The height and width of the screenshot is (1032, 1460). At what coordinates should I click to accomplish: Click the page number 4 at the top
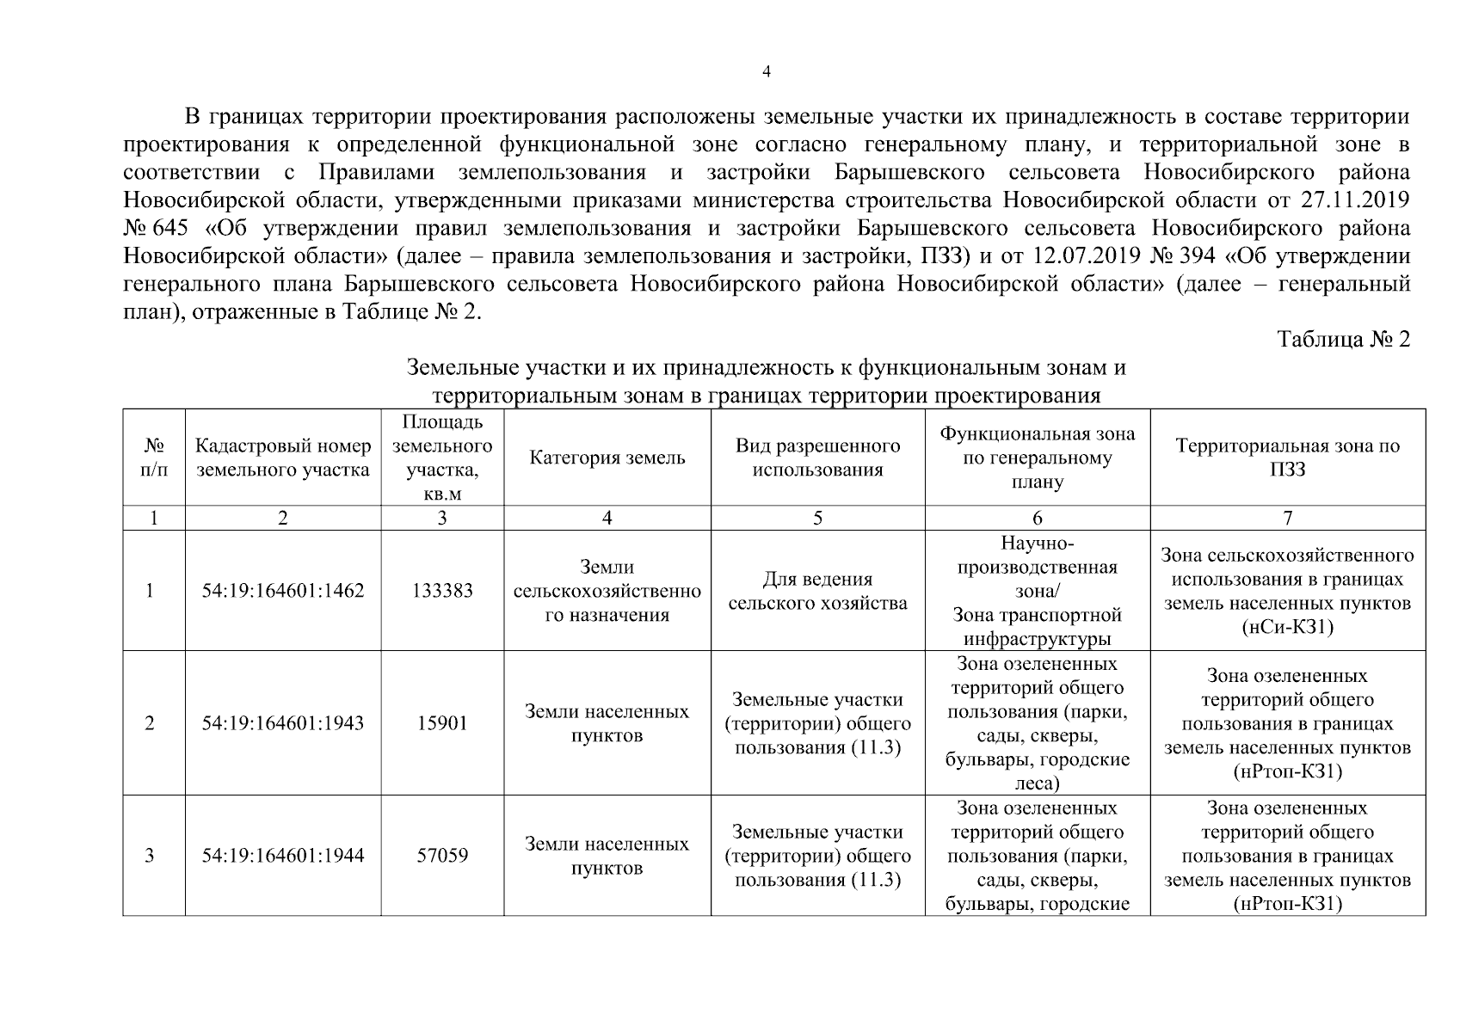tap(767, 72)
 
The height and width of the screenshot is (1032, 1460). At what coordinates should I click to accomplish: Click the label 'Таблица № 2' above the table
tap(1344, 339)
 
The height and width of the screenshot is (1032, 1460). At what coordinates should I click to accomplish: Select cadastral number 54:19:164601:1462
tap(283, 591)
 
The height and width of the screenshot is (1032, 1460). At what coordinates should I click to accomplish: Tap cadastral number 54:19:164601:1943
tap(283, 723)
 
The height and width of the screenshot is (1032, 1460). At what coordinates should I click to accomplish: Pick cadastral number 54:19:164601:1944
tap(283, 856)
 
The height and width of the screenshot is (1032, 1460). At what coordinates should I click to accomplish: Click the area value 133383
tap(442, 591)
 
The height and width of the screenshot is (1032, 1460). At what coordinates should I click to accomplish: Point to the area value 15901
tap(442, 723)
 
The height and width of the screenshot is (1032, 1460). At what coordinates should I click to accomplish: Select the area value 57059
tap(442, 856)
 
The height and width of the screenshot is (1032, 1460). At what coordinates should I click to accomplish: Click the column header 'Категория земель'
tap(607, 458)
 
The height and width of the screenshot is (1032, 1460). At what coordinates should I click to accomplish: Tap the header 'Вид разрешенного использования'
tap(817, 458)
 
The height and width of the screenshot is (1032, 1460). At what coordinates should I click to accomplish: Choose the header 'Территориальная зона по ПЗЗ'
tap(1287, 458)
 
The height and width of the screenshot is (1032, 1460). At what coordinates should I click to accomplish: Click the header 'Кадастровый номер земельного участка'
tap(283, 458)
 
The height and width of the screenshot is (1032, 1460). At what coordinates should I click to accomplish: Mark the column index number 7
tap(1287, 518)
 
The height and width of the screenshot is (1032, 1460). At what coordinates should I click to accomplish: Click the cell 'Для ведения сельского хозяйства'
tap(817, 591)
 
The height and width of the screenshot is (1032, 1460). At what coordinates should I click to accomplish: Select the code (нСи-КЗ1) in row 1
tap(1287, 627)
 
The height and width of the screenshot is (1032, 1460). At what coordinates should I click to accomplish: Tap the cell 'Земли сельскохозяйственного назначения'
tap(607, 591)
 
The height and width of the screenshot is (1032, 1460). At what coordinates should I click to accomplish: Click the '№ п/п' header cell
tap(153, 458)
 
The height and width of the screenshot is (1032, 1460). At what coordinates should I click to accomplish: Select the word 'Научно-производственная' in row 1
tap(1037, 556)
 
